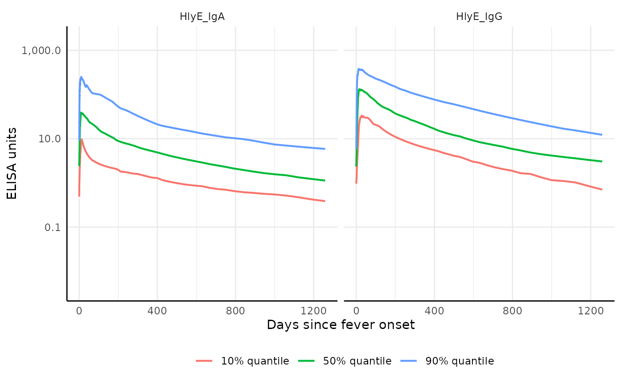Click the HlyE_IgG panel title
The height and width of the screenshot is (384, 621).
tap(479, 17)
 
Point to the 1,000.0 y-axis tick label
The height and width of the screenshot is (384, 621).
tap(41, 50)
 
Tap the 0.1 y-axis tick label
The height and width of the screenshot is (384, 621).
tap(51, 227)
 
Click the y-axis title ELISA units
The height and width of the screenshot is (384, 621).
tap(12, 163)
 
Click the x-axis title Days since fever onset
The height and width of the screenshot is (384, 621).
tap(341, 325)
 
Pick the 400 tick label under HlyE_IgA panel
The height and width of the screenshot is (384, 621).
tap(157, 311)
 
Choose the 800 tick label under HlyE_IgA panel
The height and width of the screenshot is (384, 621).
tap(235, 311)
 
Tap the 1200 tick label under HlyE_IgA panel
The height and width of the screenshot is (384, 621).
tap(314, 311)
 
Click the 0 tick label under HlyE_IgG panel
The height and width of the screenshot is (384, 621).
tap(356, 311)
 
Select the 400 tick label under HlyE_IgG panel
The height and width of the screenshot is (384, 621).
tap(434, 311)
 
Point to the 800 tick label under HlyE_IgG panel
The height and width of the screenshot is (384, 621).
tap(512, 311)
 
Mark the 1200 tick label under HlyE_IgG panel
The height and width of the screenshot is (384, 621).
tap(590, 311)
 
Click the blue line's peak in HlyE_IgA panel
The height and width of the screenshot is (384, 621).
tap(81, 77)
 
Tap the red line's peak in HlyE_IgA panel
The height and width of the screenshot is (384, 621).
tap(82, 139)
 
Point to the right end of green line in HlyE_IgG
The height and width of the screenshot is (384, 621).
tap(601, 161)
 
